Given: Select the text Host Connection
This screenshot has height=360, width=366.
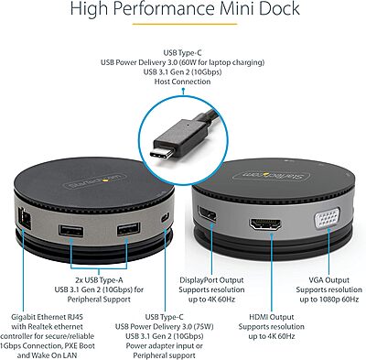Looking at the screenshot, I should pyautogui.click(x=184, y=82).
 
